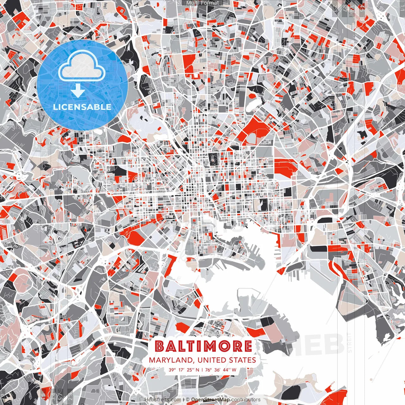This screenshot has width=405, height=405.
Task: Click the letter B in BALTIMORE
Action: tap(160, 346)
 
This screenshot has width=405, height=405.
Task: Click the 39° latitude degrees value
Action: tap(172, 370)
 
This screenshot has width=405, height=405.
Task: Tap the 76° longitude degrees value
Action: tap(208, 370)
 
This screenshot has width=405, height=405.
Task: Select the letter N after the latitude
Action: tap(198, 370)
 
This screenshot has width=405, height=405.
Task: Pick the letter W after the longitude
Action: tap(234, 370)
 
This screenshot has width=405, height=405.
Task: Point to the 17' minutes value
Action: tap(182, 370)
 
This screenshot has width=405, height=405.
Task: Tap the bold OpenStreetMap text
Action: tap(210, 400)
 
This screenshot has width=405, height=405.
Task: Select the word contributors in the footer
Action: tap(246, 400)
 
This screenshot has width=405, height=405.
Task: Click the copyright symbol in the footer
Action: tap(188, 400)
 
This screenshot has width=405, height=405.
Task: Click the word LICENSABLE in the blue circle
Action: tap(82, 107)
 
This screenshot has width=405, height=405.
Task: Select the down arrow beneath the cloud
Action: tap(78, 91)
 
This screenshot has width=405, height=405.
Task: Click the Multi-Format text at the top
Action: tap(202, 3)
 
